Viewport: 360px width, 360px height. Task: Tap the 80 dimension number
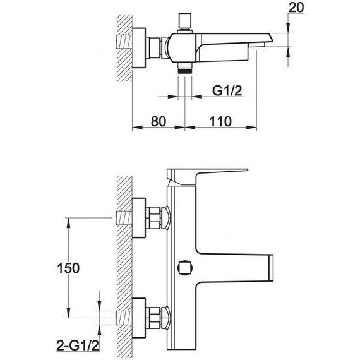pos(159,121)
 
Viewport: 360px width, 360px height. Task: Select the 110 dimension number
pos(220,121)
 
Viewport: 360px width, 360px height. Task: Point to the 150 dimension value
pos(68,268)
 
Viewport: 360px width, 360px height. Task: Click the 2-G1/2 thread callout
pos(78,345)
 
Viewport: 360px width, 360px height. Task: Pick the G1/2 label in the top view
pos(227,91)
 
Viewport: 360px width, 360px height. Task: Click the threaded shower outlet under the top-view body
pos(185,68)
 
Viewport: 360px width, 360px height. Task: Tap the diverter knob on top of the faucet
pos(185,21)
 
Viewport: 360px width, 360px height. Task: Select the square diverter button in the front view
pos(185,268)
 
